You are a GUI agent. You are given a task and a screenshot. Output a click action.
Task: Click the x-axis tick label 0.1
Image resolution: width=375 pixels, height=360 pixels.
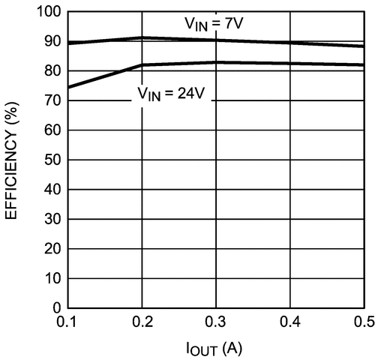click(67, 322)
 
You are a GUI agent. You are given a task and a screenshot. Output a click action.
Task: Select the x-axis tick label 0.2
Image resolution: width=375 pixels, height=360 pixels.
click(142, 322)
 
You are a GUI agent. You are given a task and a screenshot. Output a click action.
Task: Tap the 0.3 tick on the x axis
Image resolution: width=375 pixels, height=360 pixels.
click(216, 322)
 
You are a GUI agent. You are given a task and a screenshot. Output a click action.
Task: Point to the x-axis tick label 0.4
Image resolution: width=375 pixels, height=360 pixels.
click(290, 322)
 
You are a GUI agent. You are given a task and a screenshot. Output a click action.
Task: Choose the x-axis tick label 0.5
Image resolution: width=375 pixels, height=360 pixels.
click(363, 322)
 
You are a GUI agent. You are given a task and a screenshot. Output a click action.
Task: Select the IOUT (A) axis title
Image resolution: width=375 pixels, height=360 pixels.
click(216, 349)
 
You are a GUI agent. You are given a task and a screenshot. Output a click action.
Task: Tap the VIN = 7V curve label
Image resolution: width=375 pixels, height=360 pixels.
click(214, 24)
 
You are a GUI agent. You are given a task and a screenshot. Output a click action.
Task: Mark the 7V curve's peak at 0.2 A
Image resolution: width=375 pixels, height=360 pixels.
click(142, 37)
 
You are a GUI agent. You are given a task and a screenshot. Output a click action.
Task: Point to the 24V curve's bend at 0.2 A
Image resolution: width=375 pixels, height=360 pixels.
click(142, 65)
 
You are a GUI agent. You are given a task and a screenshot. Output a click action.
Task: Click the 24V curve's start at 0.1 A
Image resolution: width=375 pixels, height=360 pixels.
click(68, 87)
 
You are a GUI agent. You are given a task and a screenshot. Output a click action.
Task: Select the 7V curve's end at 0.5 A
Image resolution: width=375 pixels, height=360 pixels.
click(363, 46)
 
